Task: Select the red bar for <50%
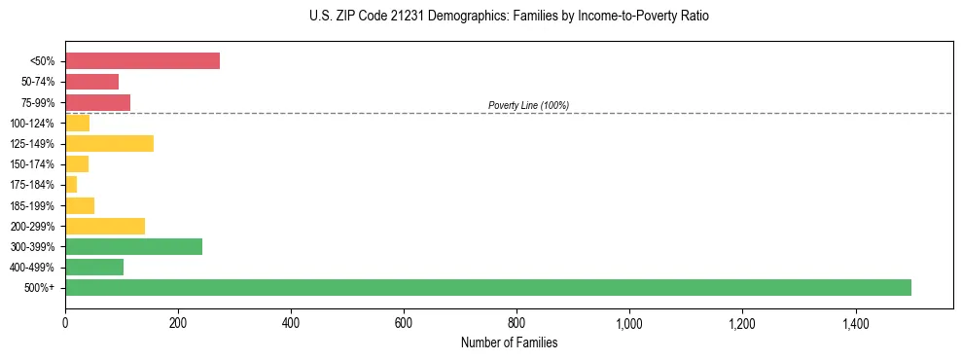coord(142,60)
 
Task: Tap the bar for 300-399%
coord(133,246)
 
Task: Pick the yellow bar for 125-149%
coord(109,144)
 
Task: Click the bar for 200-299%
coord(105,226)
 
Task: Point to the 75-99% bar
coord(97,102)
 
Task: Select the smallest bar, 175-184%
coord(71,185)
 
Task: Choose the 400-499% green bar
coord(94,267)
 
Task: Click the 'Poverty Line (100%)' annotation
coord(528,105)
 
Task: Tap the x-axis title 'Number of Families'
coord(509,343)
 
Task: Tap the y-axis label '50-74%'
coord(37,82)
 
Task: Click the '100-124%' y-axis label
coord(33,124)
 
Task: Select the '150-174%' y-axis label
coord(33,164)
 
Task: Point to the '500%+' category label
coord(40,288)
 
